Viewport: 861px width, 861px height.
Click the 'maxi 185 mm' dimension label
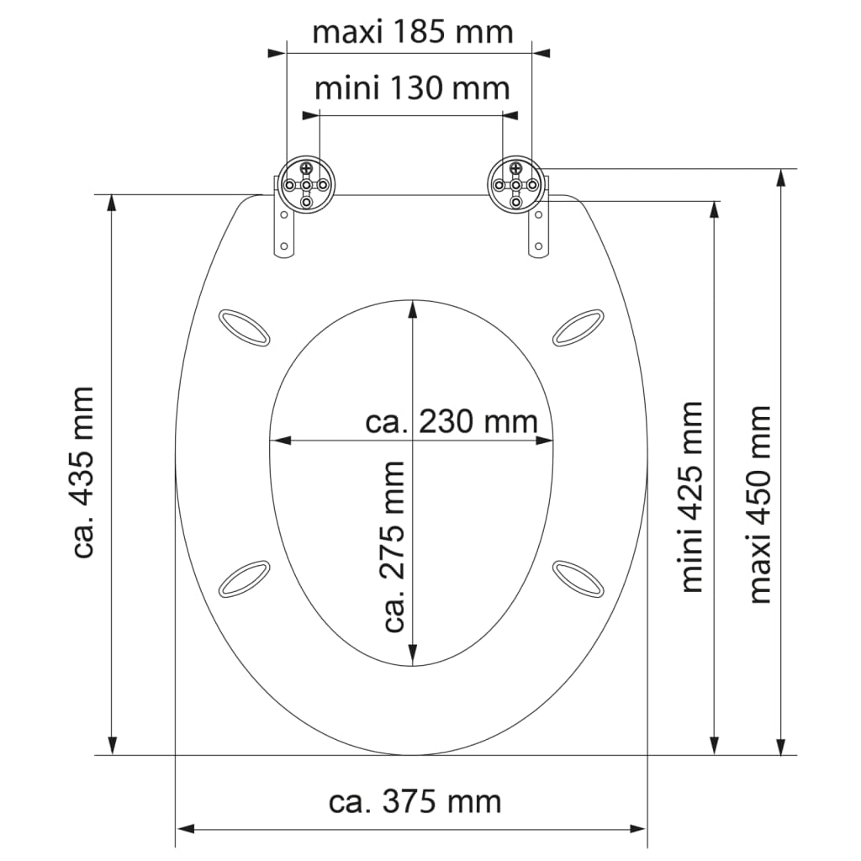(412, 32)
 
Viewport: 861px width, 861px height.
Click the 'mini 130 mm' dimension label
(412, 87)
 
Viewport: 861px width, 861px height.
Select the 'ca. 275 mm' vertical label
(393, 547)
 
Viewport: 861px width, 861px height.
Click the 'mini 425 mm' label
(691, 496)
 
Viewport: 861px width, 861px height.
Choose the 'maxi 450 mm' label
(760, 504)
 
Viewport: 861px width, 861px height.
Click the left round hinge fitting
(306, 185)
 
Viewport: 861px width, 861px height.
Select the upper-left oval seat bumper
(244, 328)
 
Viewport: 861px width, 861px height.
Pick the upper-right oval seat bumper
(578, 328)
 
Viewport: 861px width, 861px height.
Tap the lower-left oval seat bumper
(244, 578)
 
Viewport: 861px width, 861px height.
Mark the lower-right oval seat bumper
(578, 578)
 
